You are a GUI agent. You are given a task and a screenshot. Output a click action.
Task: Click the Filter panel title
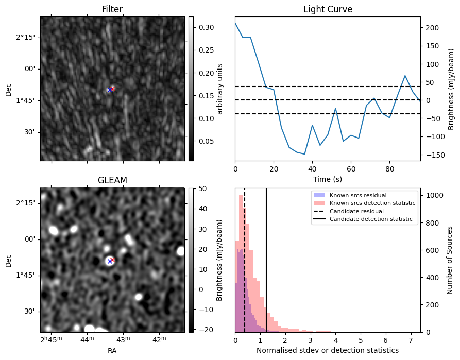(x=112, y=9)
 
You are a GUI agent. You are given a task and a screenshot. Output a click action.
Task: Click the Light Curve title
(x=328, y=9)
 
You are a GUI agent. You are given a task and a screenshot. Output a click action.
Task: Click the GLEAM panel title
(x=112, y=180)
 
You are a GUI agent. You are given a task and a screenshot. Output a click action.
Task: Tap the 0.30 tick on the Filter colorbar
(x=206, y=27)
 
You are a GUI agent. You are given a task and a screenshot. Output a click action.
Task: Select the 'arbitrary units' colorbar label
(x=220, y=89)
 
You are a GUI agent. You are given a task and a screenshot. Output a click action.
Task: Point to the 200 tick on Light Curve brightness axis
(x=432, y=28)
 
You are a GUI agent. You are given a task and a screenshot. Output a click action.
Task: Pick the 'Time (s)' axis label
(x=328, y=179)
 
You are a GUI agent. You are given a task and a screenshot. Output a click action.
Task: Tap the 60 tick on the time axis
(x=351, y=169)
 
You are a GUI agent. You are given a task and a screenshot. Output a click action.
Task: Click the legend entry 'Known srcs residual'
(x=358, y=195)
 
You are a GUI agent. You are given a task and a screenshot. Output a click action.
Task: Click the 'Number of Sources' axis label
(x=449, y=260)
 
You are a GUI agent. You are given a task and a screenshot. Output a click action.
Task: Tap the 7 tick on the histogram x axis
(x=411, y=340)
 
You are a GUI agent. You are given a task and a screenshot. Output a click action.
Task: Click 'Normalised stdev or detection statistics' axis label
(x=328, y=350)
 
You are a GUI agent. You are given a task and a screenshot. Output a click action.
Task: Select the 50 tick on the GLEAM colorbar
(x=203, y=188)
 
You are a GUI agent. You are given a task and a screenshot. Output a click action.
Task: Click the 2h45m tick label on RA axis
(x=52, y=339)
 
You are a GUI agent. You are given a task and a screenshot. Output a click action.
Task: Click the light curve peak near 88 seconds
(x=405, y=76)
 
